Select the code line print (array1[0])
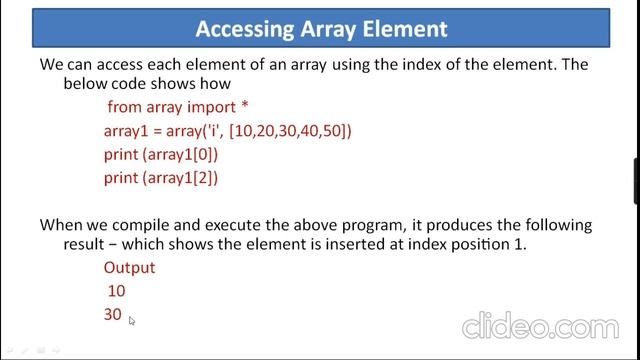pos(160,155)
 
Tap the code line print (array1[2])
pos(160,179)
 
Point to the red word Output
pos(130,268)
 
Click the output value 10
pos(117,291)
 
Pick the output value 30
pos(113,315)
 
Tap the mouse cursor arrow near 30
pos(132,320)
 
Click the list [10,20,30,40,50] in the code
pos(289,131)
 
